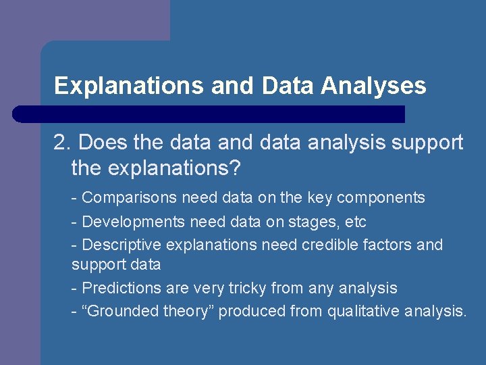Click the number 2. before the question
[x=63, y=143]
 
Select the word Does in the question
[x=100, y=143]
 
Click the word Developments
[x=133, y=222]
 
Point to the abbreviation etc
[x=354, y=222]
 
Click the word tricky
[x=245, y=288]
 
